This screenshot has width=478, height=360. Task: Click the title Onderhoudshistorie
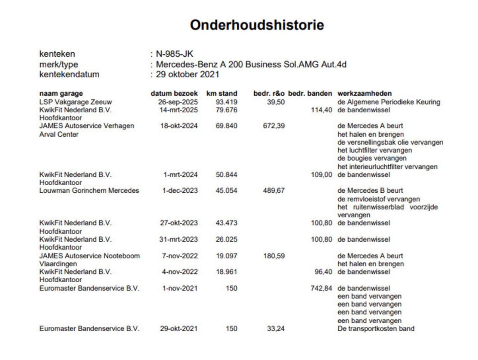point(257,25)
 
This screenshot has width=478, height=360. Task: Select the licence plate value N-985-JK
point(174,54)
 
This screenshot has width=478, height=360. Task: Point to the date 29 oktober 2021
point(187,74)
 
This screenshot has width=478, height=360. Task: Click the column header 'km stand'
point(222,93)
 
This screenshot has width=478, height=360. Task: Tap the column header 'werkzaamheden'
point(364,93)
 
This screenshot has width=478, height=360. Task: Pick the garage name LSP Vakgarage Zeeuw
point(75,102)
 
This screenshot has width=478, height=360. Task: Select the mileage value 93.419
point(226,102)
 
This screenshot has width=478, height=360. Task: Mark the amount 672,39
point(274,126)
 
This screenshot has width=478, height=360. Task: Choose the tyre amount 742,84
point(321,288)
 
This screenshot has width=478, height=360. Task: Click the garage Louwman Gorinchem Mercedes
point(89,190)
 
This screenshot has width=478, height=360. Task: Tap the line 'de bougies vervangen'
point(367,158)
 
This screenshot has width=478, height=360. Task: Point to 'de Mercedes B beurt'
point(370,190)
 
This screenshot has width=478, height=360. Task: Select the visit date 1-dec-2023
point(180,190)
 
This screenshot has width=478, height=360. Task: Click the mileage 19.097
point(226,256)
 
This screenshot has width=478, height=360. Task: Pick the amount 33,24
point(276,329)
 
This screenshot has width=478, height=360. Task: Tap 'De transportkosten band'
point(376,329)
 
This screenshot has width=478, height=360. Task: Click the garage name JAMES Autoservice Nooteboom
point(90,256)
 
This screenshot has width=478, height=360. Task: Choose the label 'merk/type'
point(59,64)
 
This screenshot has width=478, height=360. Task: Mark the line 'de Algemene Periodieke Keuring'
point(389,102)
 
